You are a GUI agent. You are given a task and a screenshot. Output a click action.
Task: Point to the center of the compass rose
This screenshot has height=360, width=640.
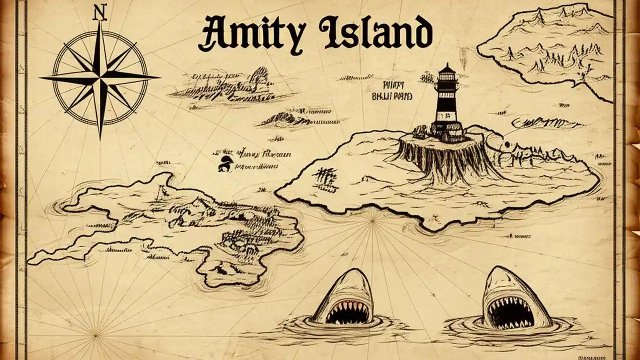pyautogui.click(x=100, y=78)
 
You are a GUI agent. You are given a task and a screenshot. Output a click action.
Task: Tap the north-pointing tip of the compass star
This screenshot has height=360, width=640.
pyautogui.click(x=100, y=22)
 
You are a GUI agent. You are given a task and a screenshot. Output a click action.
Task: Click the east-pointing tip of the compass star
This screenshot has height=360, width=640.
pyautogui.click(x=159, y=77)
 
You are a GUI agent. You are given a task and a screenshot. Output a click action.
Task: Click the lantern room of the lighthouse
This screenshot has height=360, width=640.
pyautogui.click(x=447, y=80)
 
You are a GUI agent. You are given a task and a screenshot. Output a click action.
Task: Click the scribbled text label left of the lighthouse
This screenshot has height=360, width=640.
pyautogui.click(x=392, y=90)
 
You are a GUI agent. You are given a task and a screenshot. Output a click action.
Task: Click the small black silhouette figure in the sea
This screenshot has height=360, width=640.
pyautogui.click(x=224, y=163)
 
